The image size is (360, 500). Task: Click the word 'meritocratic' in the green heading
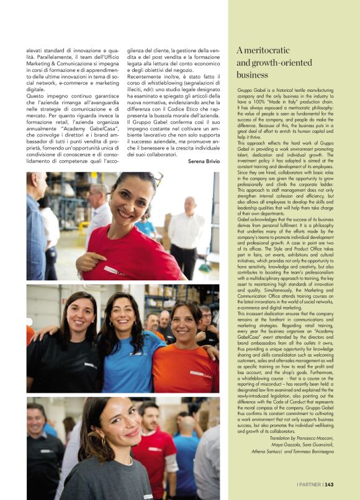[x=271, y=50]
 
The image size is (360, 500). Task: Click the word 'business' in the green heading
[x=252, y=74]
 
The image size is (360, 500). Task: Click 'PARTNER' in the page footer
[x=308, y=485]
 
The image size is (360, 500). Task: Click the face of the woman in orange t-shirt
[x=186, y=323]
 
